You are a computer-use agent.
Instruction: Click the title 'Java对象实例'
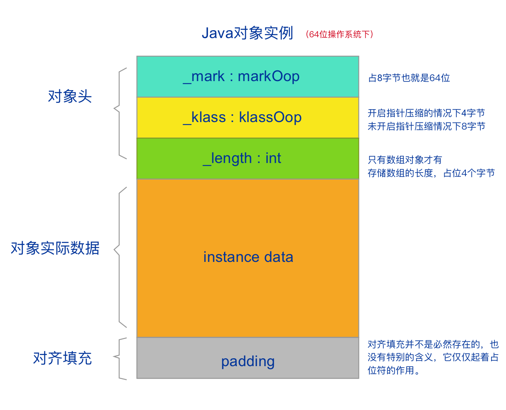point(247,33)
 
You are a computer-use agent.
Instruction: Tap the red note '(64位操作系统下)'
point(339,34)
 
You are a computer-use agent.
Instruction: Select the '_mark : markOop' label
point(241,77)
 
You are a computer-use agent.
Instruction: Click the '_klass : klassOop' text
point(242,117)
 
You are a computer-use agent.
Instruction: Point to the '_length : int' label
point(242,158)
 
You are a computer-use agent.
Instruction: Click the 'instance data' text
point(248,257)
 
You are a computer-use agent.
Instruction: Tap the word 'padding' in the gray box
point(248,362)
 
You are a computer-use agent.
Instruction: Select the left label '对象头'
point(70,96)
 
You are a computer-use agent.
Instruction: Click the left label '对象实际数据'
point(55,248)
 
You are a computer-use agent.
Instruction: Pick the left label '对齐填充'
point(62,358)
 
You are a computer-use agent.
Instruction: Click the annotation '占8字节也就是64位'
point(409,78)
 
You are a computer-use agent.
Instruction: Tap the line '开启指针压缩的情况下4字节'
point(426,113)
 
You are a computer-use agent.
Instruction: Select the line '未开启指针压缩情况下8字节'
point(426,126)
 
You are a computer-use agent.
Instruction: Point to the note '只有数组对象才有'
point(405,160)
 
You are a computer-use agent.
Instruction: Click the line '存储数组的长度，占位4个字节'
point(431,173)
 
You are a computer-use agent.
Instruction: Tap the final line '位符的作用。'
point(394,370)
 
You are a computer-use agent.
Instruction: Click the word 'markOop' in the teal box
point(269,77)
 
